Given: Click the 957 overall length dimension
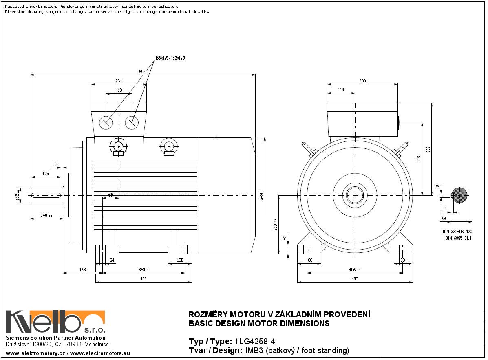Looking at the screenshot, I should (x=142, y=71).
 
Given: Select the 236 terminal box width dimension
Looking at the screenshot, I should (x=118, y=81).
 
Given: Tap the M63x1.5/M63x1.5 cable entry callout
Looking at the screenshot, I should (x=169, y=58).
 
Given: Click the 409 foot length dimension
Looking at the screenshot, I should (x=143, y=279).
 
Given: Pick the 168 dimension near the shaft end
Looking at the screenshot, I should (x=83, y=269).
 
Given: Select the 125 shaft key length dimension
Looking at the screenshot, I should (x=46, y=174).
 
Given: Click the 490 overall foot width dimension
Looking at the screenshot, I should (x=354, y=279).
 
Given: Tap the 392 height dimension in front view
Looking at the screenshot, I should (x=428, y=149).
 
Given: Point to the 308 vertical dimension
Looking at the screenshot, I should (x=419, y=159).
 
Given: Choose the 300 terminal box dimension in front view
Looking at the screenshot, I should (x=362, y=81).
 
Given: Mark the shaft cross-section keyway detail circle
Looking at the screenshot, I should (x=459, y=195).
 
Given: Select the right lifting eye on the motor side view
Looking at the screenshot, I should (x=168, y=146).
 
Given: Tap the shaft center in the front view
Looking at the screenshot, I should (x=355, y=195).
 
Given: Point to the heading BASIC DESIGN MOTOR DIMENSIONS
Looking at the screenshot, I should (x=259, y=324).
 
